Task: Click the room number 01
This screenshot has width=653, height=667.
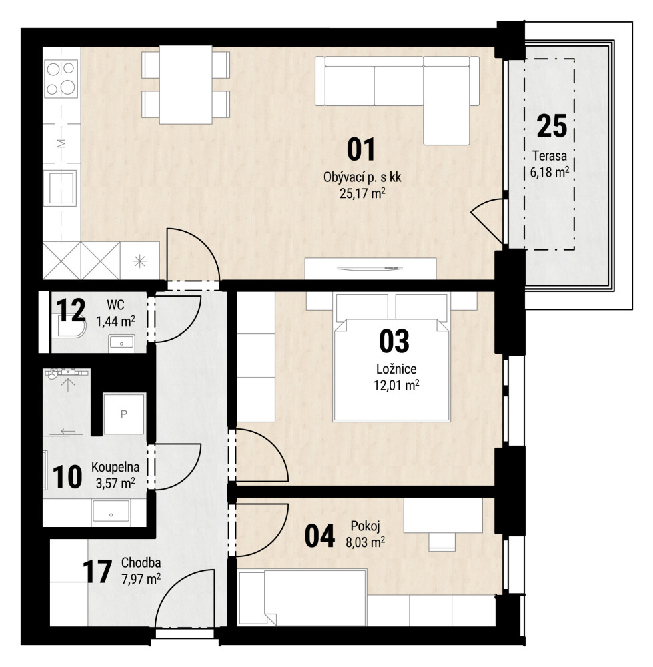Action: click(x=361, y=149)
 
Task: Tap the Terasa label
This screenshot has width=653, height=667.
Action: click(x=550, y=156)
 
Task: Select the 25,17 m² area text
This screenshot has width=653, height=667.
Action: click(x=362, y=194)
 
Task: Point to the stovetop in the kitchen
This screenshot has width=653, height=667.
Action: click(x=61, y=79)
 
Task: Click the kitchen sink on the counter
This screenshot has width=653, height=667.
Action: click(x=61, y=187)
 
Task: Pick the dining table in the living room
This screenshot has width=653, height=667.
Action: click(x=186, y=85)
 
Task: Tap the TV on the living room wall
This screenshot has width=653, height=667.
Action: click(x=370, y=268)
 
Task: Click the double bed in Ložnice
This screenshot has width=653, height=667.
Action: click(x=392, y=358)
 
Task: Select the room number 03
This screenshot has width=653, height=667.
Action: click(x=394, y=341)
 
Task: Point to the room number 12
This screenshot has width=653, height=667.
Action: click(x=71, y=311)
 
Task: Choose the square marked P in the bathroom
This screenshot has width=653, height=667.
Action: click(x=124, y=414)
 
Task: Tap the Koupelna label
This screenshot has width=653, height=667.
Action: click(x=115, y=467)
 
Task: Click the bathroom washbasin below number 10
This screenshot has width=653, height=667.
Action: click(x=111, y=512)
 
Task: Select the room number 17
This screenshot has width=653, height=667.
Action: click(x=97, y=572)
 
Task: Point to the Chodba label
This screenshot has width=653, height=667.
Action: click(x=141, y=563)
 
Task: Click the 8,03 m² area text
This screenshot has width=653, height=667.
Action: click(x=366, y=542)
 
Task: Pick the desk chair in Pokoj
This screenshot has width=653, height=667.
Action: click(x=442, y=541)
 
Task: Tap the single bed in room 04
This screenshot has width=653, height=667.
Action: click(x=302, y=598)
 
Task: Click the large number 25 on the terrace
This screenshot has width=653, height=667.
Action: click(x=552, y=126)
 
